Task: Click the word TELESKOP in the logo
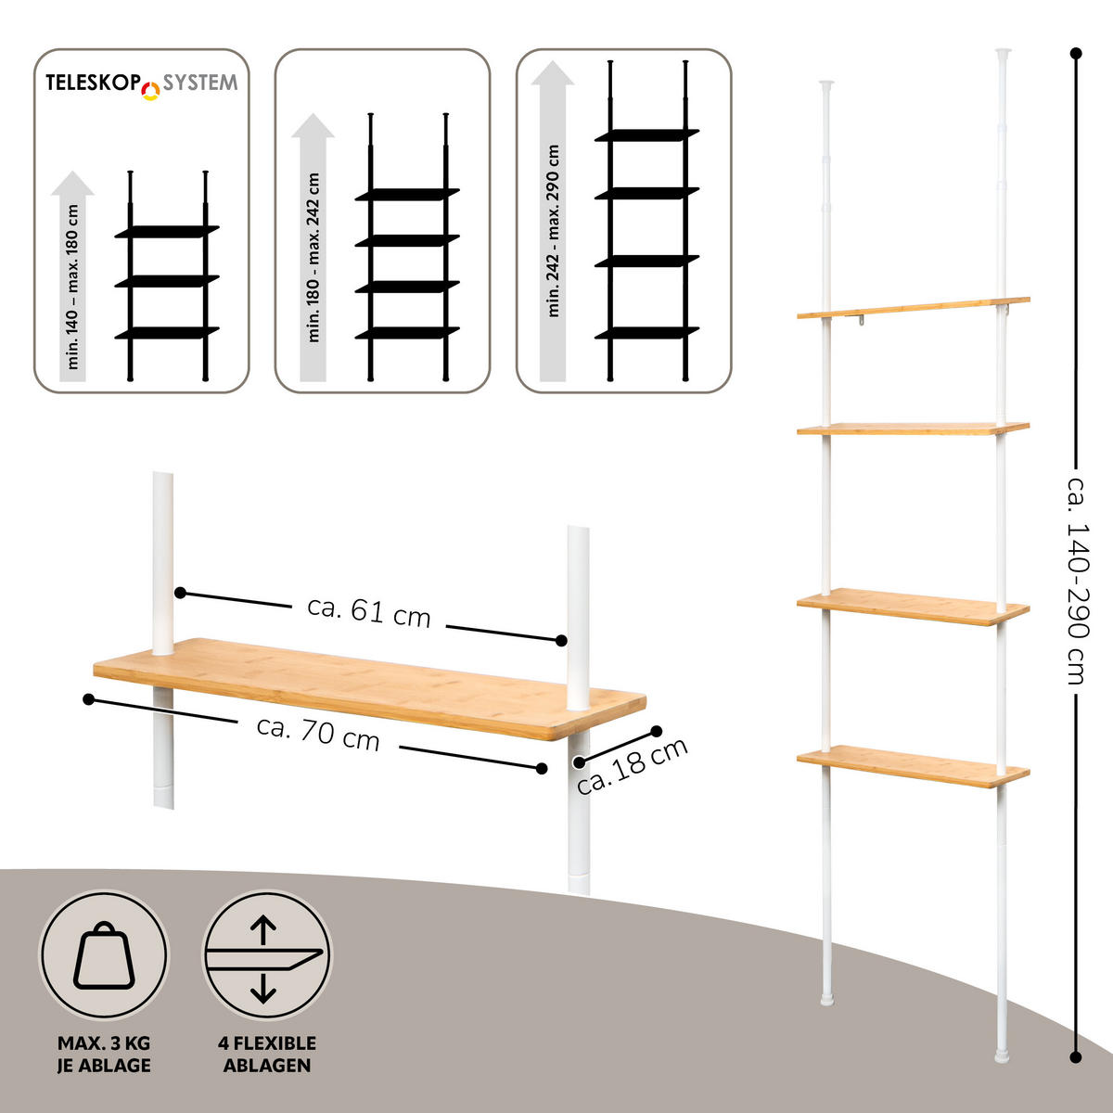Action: click(93, 83)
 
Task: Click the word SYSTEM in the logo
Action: click(199, 83)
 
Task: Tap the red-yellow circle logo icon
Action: click(151, 91)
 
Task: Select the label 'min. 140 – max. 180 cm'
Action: click(72, 287)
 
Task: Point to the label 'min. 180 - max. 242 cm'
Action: click(313, 258)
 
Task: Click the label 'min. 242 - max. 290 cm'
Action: click(554, 231)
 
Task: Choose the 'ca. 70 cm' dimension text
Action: click(318, 734)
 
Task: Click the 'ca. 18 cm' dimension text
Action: click(632, 766)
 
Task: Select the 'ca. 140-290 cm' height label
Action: click(1077, 581)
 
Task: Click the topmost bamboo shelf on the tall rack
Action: click(914, 308)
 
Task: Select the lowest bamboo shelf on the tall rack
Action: click(914, 766)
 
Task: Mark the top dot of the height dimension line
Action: click(1076, 54)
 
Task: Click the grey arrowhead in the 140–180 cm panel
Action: click(72, 183)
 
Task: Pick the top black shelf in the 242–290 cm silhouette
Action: click(646, 135)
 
